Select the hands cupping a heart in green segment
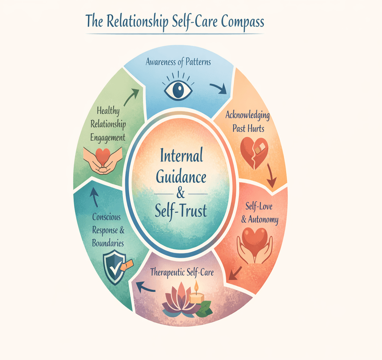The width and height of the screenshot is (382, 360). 102,160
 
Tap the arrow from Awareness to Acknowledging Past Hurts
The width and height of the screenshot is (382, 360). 218,89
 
